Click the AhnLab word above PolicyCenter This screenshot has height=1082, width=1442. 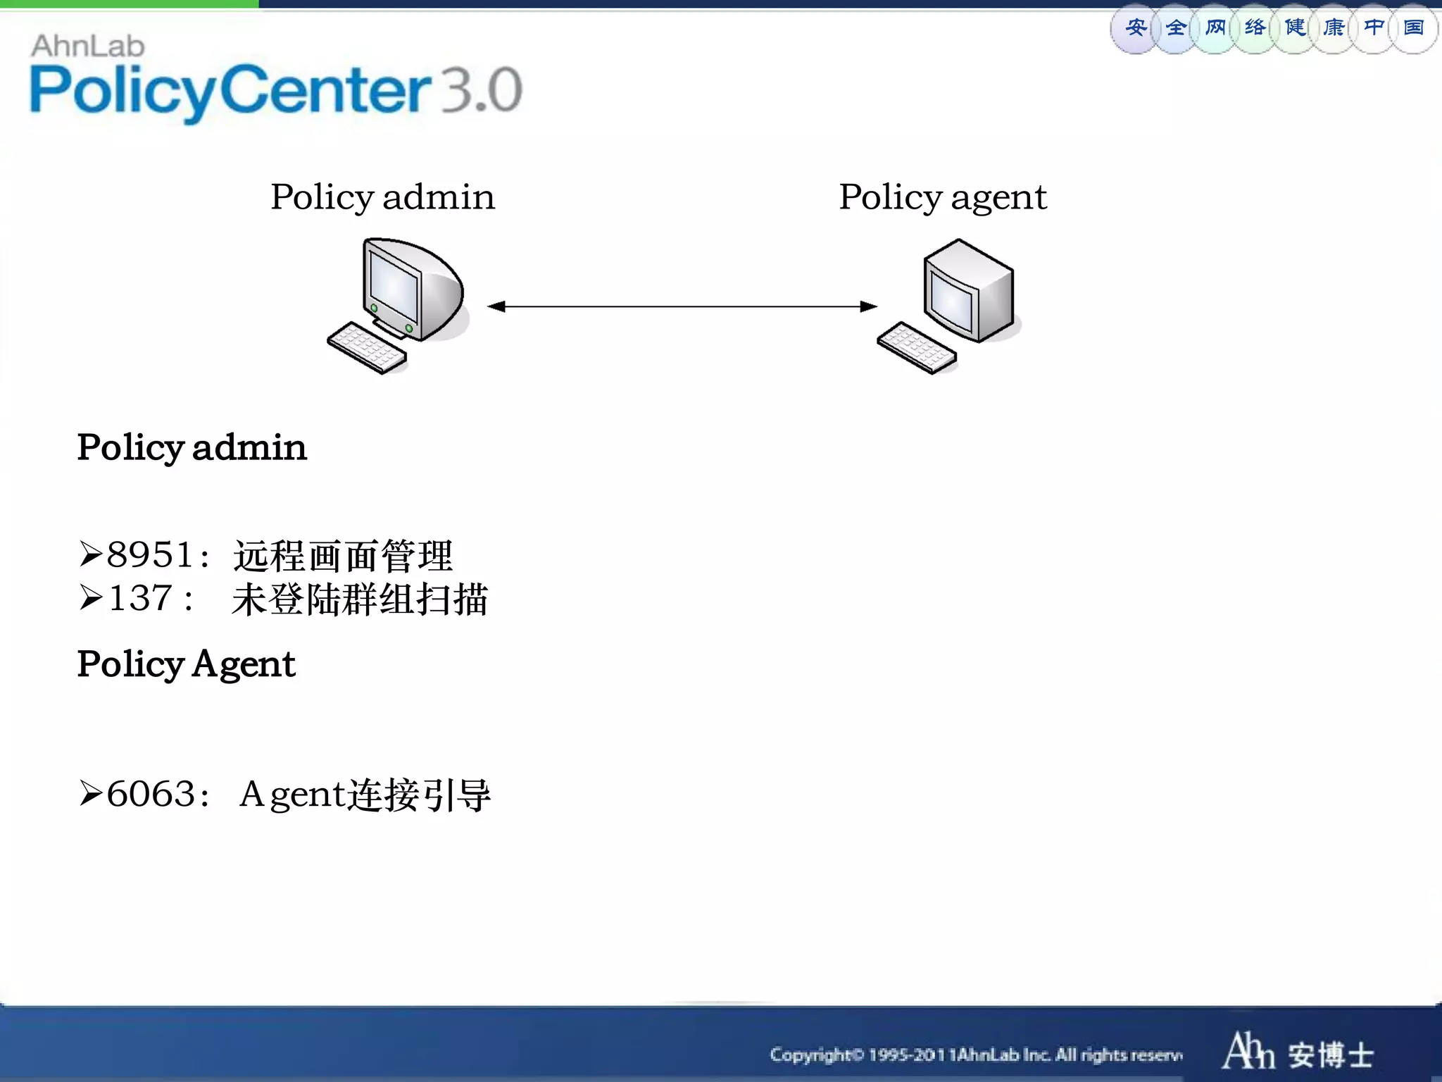point(88,46)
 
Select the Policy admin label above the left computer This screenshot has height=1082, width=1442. point(382,197)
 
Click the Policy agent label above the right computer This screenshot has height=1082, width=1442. point(943,197)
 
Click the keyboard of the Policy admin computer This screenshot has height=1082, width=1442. point(367,348)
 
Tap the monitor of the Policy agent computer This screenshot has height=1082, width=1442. point(969,289)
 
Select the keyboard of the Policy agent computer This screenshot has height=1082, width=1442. point(917,347)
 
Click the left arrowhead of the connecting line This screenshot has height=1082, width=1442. point(496,306)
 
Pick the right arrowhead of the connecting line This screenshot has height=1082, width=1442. point(869,306)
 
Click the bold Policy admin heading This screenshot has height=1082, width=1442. point(192,447)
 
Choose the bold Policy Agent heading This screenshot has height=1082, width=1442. point(186,664)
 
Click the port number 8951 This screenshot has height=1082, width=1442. point(150,554)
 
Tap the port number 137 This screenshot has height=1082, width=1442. point(141,598)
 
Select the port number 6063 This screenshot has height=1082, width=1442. point(151,794)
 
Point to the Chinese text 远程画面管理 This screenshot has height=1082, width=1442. point(343,556)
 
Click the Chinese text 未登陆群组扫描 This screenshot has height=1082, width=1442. point(360,599)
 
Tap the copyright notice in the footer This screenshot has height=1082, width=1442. point(976,1055)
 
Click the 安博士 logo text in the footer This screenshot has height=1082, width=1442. point(1331,1055)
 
